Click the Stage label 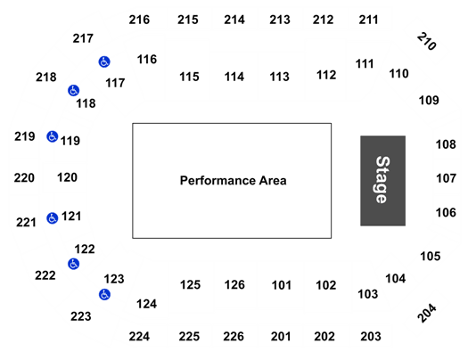[382, 180]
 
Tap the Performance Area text [233, 181]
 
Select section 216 [139, 20]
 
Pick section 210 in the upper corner [427, 41]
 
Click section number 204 [427, 313]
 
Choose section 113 [279, 77]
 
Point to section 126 [234, 285]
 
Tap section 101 [281, 285]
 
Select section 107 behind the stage [447, 178]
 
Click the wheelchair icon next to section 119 [53, 136]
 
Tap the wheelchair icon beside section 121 [53, 218]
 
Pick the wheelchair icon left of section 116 [104, 61]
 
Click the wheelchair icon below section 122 [73, 264]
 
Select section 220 [24, 177]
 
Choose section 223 [81, 316]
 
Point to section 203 [371, 337]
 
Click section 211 [369, 20]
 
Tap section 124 [146, 304]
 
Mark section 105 [431, 257]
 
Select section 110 [398, 74]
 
